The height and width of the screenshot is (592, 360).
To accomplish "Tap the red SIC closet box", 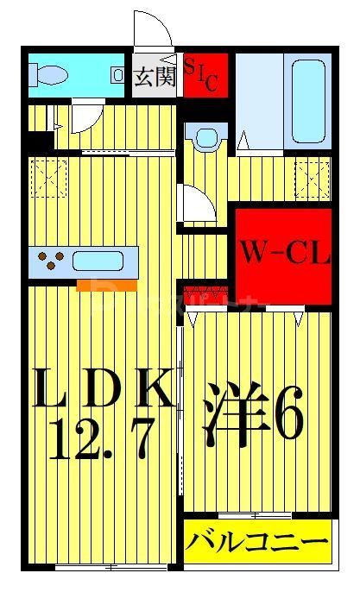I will (205, 75).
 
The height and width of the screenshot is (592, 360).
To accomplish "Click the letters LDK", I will (101, 389).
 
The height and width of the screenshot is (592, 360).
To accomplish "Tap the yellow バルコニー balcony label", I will (257, 543).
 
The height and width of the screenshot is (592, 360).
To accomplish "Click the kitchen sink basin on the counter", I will (101, 260).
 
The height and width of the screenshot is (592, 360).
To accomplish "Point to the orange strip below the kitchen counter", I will (106, 285).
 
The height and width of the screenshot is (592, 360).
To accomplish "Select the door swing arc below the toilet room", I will (85, 117).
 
